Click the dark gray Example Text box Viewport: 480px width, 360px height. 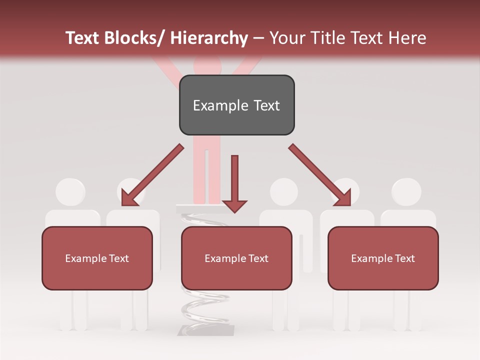(x=236, y=105)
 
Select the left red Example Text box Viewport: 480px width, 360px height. (x=97, y=258)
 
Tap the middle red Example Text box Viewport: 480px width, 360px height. (x=236, y=258)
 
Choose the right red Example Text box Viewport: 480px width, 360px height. (x=383, y=258)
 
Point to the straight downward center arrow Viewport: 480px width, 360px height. (x=234, y=183)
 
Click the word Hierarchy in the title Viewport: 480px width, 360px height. (x=209, y=38)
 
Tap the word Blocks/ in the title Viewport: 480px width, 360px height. (x=136, y=38)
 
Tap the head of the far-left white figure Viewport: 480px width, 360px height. (x=70, y=191)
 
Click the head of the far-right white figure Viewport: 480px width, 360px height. (x=406, y=191)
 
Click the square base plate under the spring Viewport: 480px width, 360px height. (x=206, y=329)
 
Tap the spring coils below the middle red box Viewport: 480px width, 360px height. (x=205, y=305)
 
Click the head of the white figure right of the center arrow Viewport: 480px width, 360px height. (x=284, y=191)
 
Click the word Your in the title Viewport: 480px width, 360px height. (x=286, y=38)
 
